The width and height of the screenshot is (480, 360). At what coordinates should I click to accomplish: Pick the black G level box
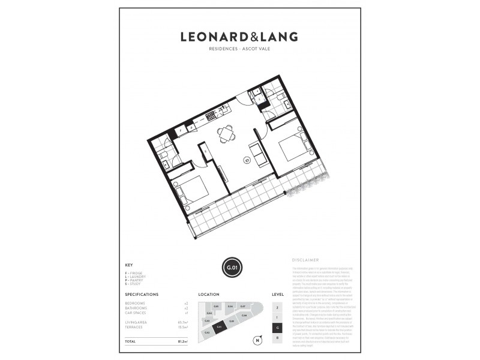tap(277, 328)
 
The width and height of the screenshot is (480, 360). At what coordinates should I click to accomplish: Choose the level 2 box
tap(277, 307)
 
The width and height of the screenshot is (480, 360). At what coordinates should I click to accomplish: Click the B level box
tap(277, 338)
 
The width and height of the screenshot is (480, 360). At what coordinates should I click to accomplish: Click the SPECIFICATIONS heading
tap(142, 295)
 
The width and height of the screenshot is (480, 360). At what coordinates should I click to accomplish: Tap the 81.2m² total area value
tap(182, 341)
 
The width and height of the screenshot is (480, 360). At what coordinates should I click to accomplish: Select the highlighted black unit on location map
tap(220, 326)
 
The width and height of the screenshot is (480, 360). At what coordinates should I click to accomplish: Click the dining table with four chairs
tap(227, 134)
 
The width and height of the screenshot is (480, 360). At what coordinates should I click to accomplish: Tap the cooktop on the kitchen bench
tap(211, 115)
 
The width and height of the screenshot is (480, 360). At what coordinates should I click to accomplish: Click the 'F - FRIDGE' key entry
tap(134, 273)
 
